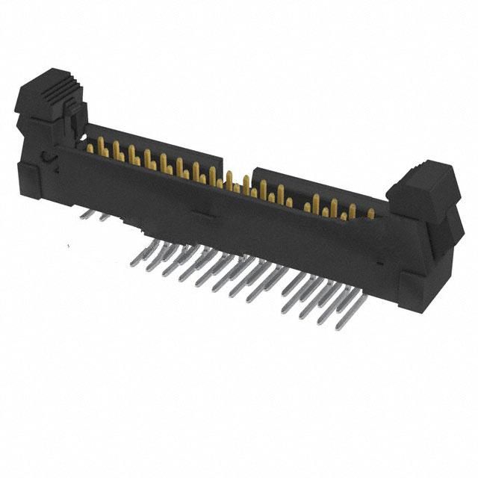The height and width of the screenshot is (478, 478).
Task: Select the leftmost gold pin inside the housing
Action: (90, 147)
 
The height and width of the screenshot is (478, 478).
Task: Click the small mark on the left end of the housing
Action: (46, 158)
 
